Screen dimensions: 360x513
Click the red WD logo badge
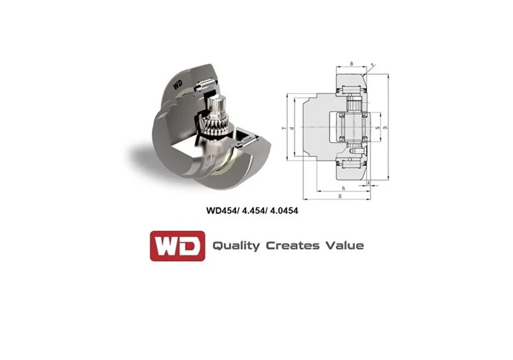tap(176, 246)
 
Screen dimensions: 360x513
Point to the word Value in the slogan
tap(344, 246)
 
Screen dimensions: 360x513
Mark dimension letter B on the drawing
tap(350, 64)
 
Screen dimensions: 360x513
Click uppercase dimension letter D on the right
tap(386, 129)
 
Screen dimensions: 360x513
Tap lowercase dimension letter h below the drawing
tap(343, 188)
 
